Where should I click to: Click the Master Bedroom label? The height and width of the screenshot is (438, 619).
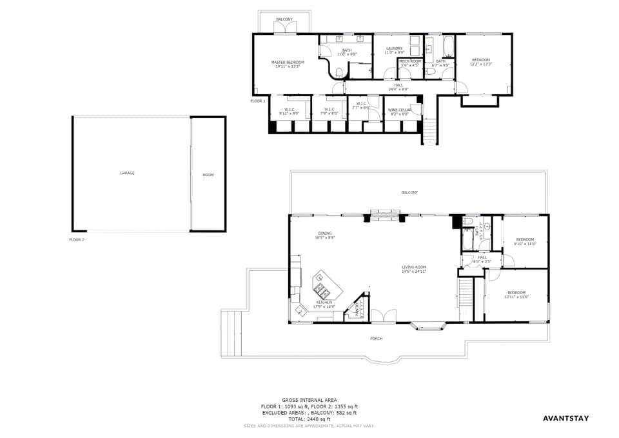coord(288,62)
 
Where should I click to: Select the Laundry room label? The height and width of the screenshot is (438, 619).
coord(394,48)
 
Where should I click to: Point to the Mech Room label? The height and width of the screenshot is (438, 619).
coord(410,61)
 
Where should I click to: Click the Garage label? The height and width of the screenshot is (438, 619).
coord(127,173)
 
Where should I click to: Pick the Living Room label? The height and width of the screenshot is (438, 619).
coord(413,267)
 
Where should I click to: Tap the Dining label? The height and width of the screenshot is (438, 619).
coord(324,234)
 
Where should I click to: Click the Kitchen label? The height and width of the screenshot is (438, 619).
coord(324,302)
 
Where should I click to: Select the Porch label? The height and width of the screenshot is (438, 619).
coord(376,338)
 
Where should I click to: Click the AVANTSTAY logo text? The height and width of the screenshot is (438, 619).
coord(565,418)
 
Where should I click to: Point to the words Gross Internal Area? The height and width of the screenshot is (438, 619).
coord(309,400)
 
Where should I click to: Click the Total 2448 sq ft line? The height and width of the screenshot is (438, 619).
coord(309,419)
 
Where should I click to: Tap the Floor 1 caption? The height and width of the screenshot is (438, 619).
coord(258,101)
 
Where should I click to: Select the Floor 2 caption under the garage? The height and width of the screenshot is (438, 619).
coord(77,239)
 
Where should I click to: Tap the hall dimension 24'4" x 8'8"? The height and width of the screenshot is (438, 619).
coord(398,89)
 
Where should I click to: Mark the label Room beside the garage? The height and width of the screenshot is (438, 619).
coord(208,175)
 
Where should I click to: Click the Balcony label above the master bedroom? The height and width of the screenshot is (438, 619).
coord(284,19)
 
